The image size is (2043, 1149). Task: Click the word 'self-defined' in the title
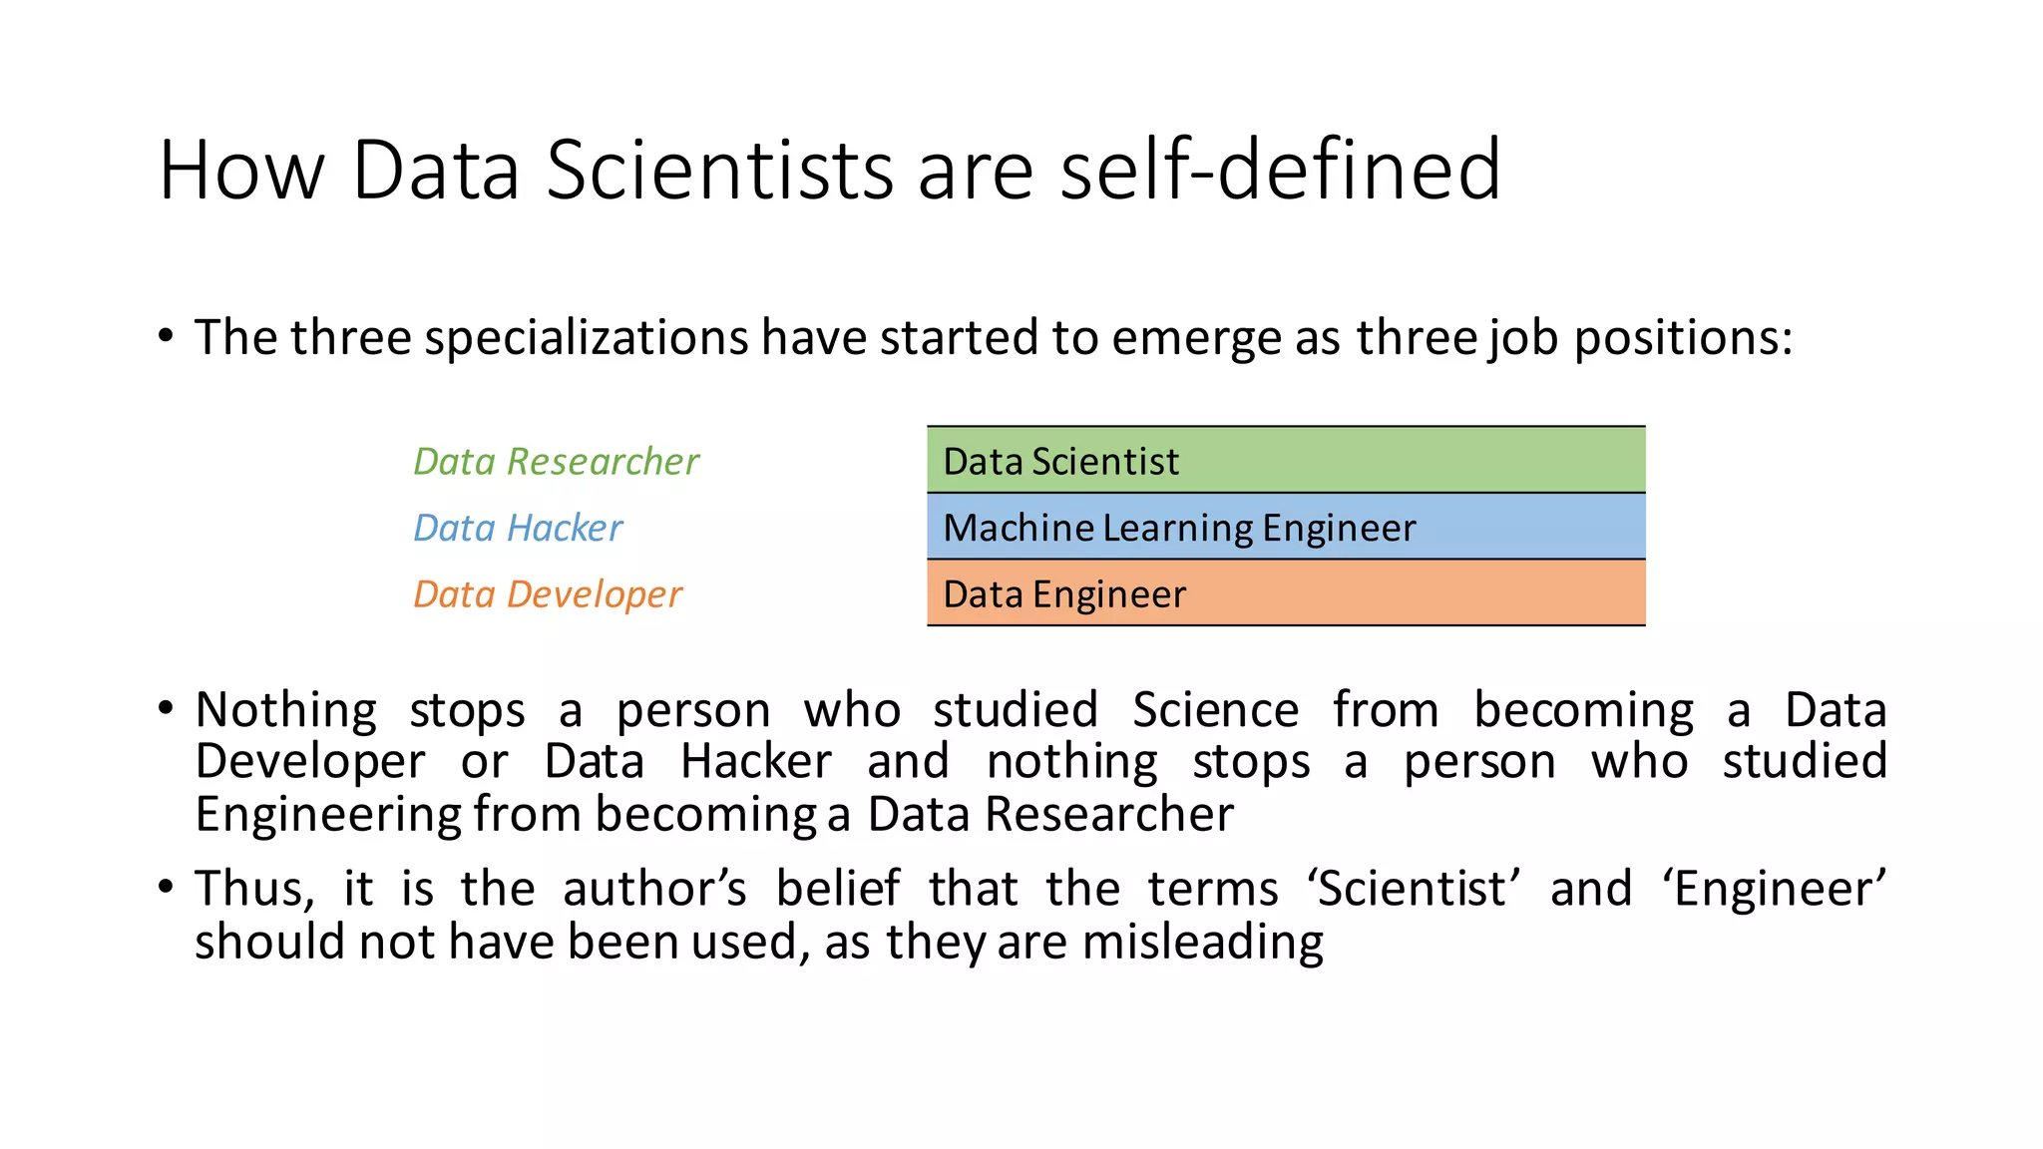coord(1279,170)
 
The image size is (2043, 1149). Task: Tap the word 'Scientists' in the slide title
coord(719,170)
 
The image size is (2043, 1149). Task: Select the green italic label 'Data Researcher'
coord(556,461)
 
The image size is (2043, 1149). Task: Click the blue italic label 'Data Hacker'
coord(518,528)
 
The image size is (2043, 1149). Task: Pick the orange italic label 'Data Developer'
coord(548,594)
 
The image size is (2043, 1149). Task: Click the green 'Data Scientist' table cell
coord(1285,460)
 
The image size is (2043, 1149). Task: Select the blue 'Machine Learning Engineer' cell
coord(1285,527)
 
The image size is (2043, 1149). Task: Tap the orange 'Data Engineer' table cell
coord(1285,593)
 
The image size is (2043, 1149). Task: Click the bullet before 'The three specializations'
coord(166,335)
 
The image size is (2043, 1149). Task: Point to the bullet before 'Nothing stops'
coord(166,709)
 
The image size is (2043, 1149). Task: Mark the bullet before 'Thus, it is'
coord(166,887)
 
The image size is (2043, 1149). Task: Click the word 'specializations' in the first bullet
coord(586,337)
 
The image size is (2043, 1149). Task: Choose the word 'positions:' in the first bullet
coord(1683,337)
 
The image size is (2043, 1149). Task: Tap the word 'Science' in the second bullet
coord(1215,710)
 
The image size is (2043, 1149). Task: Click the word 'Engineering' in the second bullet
coord(328,814)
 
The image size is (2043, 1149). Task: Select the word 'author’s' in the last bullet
coord(654,888)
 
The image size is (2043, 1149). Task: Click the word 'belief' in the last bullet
coord(838,888)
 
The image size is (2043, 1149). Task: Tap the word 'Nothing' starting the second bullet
coord(286,710)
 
